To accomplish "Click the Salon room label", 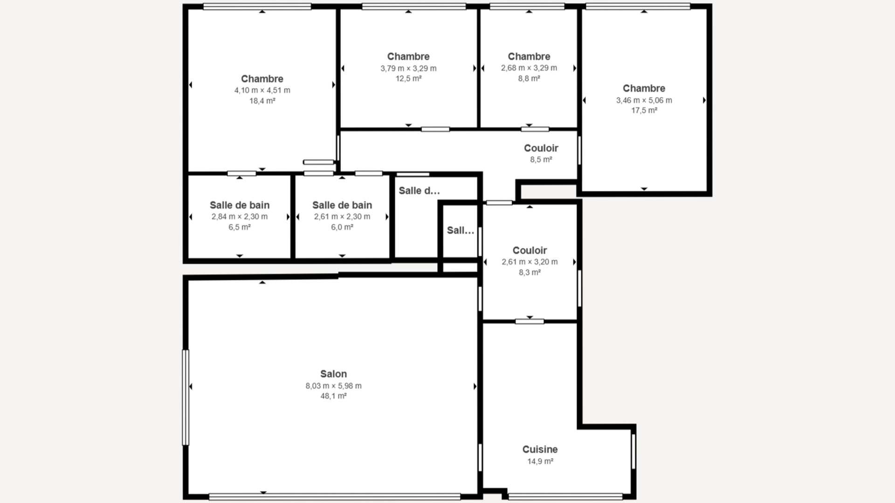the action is coord(333,374).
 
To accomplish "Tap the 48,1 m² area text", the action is coord(333,396).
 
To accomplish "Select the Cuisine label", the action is coord(540,449).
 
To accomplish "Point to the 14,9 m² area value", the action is coord(540,462).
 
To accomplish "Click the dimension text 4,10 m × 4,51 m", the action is coord(262,90).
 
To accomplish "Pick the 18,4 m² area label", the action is coord(262,101).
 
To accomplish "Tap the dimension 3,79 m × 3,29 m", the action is coord(408,68).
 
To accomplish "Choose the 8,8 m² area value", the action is coord(529,79).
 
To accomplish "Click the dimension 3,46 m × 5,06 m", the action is coord(644,100).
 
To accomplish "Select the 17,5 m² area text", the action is coord(644,111).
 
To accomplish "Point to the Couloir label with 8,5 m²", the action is coord(541,148).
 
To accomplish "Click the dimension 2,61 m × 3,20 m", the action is coord(530,262).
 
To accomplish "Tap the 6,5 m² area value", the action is coord(240,227).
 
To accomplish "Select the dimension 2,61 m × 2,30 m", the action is coord(342,217).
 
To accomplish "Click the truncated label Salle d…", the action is coord(419,190).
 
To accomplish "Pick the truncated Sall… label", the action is coord(461,231).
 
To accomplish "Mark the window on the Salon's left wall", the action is coord(186,397).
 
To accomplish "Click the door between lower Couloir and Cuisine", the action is coord(530,321).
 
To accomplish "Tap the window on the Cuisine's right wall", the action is coord(633,451).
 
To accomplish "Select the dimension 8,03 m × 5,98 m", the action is coord(333,386).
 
